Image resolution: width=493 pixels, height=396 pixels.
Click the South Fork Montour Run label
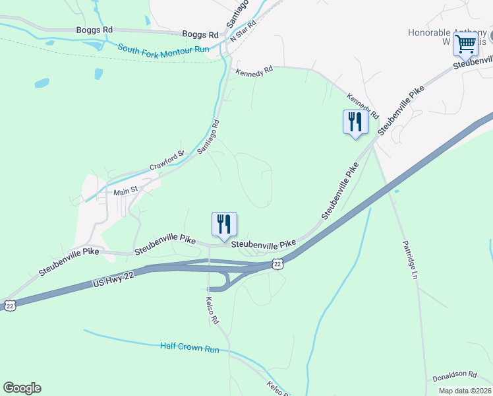(163, 49)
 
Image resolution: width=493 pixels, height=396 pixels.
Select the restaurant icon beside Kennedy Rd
(355, 121)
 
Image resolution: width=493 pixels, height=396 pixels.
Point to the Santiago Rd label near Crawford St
(208, 137)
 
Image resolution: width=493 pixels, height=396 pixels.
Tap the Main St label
(125, 191)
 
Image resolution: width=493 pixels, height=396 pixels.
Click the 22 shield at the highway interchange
(278, 264)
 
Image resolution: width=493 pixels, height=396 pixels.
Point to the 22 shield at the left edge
(9, 305)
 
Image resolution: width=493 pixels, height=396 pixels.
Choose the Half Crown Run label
(188, 346)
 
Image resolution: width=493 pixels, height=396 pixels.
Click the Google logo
(22, 388)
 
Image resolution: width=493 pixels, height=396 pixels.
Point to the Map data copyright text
(465, 391)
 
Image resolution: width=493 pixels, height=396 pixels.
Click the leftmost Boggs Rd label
(94, 30)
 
